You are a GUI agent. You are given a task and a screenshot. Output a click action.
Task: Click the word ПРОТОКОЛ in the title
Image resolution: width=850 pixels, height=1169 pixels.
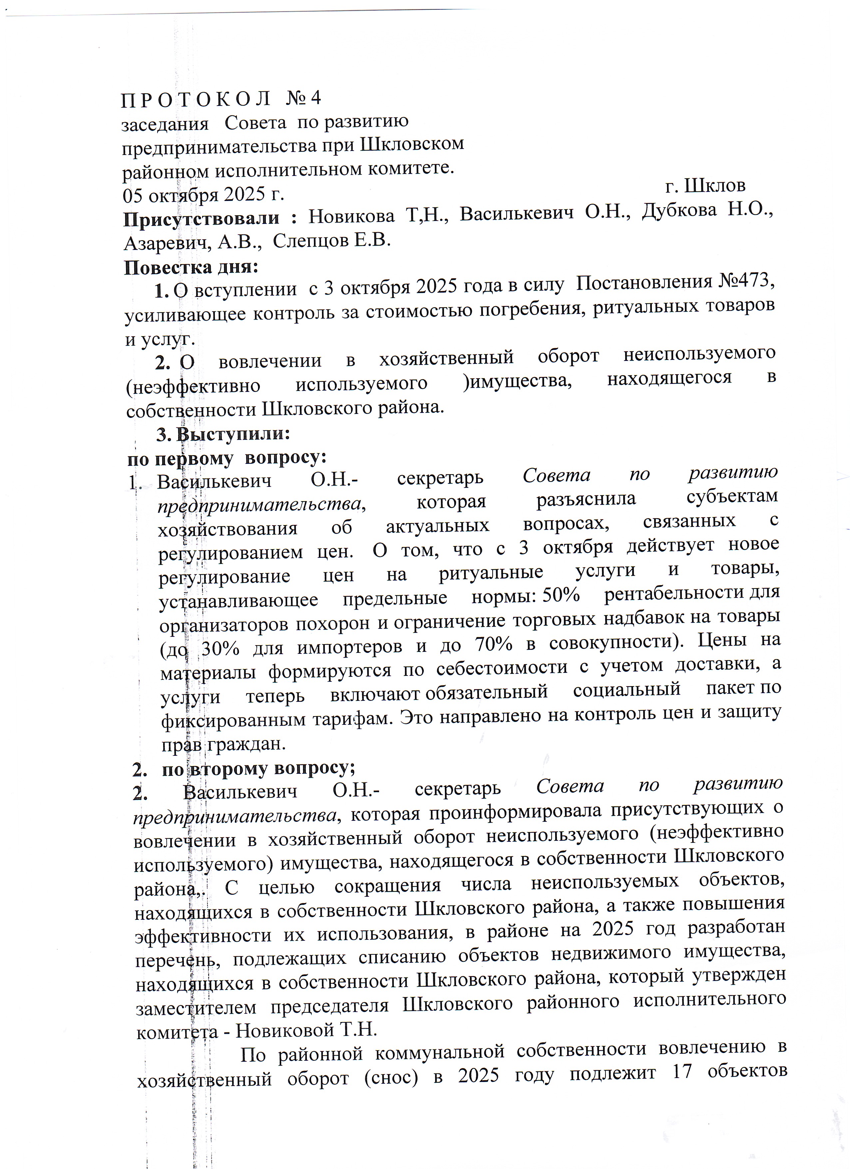[x=196, y=100]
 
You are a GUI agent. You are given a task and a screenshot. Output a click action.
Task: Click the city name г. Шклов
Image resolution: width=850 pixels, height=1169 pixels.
[x=705, y=186]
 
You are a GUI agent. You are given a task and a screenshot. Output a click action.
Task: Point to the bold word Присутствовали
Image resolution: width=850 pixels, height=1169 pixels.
[x=202, y=219]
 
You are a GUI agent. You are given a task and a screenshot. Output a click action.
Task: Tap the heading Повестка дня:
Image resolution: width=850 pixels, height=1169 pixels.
[x=191, y=267]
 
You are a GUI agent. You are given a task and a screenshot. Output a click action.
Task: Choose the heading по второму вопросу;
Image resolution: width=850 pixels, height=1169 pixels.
[x=258, y=769]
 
